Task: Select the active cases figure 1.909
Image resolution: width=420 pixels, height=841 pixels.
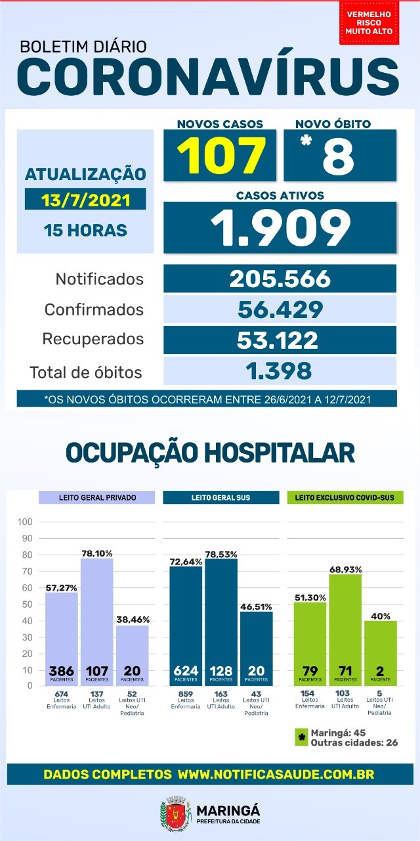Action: pyautogui.click(x=280, y=227)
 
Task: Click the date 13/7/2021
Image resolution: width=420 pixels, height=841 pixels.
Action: pyautogui.click(x=85, y=199)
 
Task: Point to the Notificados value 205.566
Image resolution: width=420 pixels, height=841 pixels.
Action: pyautogui.click(x=280, y=279)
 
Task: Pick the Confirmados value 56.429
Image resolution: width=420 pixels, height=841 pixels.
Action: pyautogui.click(x=280, y=309)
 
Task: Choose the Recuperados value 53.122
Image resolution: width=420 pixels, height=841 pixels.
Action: pyautogui.click(x=280, y=340)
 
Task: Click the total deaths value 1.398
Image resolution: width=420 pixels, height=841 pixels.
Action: pyautogui.click(x=280, y=371)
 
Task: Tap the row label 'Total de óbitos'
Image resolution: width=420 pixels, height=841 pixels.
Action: pyautogui.click(x=86, y=373)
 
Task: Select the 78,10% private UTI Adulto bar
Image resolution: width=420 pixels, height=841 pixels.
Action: pyautogui.click(x=97, y=621)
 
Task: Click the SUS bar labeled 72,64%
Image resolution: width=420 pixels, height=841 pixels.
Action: pyautogui.click(x=186, y=624)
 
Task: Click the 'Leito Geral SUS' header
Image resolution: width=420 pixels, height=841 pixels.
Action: pyautogui.click(x=220, y=497)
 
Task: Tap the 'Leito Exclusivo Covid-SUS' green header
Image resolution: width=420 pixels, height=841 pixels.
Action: pyautogui.click(x=345, y=497)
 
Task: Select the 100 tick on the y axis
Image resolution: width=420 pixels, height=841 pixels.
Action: pyautogui.click(x=26, y=522)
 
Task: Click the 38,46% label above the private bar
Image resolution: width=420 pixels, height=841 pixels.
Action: pyautogui.click(x=132, y=619)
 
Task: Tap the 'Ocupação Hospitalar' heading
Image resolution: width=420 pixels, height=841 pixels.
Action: pyautogui.click(x=210, y=453)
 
